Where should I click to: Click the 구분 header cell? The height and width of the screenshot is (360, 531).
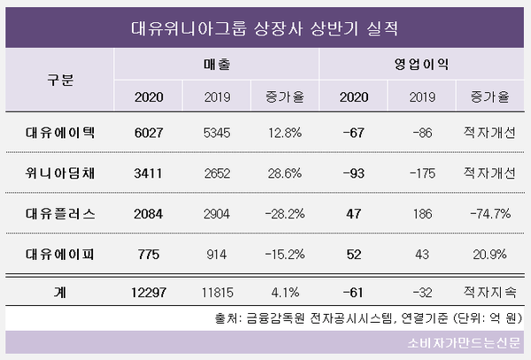click(60, 80)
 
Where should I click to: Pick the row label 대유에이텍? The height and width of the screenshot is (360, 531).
click(60, 134)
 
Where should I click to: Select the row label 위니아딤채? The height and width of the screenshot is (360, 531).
click(60, 173)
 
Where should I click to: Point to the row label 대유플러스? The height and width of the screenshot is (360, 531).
click(60, 213)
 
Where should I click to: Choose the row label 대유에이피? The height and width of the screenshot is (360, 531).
click(60, 253)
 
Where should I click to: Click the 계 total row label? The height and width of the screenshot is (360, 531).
click(60, 291)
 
